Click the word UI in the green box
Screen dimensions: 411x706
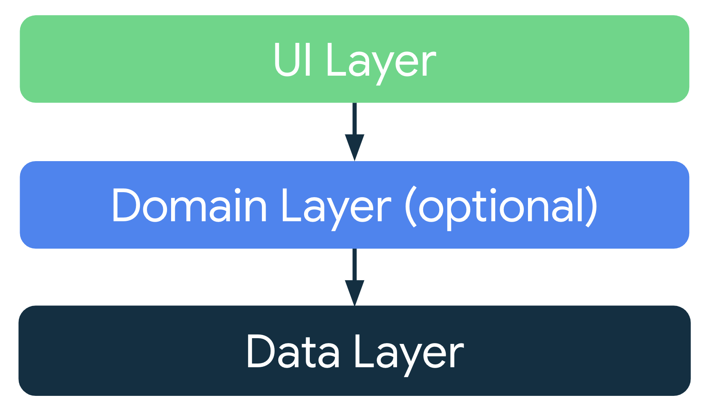point(292,59)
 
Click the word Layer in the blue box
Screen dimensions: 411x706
point(336,207)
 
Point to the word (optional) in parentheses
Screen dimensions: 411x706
point(501,207)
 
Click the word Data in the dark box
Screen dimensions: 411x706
point(293,352)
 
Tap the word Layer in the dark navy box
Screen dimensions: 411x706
point(408,353)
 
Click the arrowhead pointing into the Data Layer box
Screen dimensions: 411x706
point(354,292)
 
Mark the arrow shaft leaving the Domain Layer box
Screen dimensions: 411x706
point(354,264)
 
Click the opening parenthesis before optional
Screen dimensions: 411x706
point(411,207)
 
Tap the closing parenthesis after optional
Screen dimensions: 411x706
point(592,207)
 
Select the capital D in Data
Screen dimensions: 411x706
point(262,352)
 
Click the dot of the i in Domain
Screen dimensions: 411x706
point(236,191)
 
